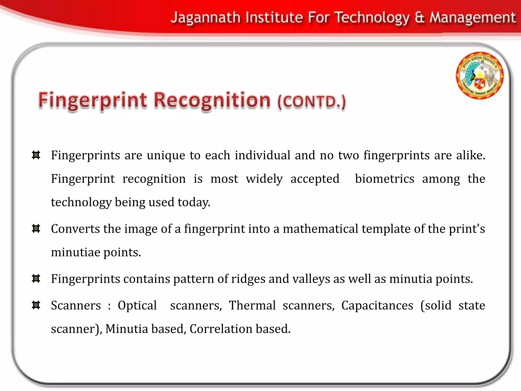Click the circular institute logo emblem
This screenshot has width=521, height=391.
(480, 75)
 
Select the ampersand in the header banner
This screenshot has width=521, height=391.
(420, 18)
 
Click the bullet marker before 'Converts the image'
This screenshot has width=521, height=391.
(36, 228)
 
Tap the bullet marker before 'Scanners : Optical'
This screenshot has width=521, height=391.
(36, 305)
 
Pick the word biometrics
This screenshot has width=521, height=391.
(384, 179)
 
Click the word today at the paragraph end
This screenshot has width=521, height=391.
(194, 203)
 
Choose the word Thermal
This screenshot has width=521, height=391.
(252, 305)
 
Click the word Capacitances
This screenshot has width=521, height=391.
(377, 305)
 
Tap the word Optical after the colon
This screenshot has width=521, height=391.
(137, 305)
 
